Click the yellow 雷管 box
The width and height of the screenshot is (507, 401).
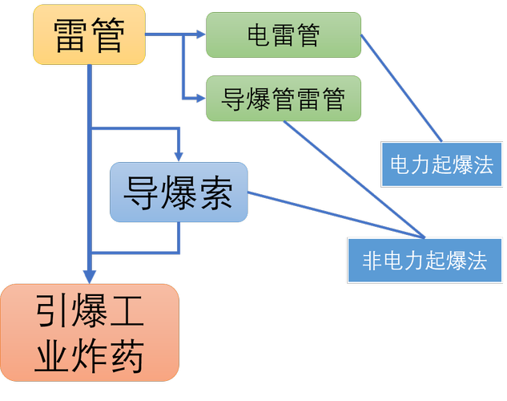point(89,34)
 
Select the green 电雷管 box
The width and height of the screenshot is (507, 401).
point(284,35)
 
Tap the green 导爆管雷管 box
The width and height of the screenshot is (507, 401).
point(284,99)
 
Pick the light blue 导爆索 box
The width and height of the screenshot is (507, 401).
point(179,192)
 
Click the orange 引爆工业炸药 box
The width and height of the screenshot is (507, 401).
point(90,332)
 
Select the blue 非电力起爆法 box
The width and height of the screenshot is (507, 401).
point(425,261)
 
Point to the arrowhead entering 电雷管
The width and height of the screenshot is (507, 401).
point(200,34)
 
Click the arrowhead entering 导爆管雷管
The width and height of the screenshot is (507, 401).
point(200,98)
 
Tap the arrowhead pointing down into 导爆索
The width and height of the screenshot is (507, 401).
point(179,156)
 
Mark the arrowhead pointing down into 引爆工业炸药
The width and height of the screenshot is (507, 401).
point(90,277)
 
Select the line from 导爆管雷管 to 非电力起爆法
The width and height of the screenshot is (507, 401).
point(352,179)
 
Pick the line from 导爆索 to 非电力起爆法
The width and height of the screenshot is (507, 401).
point(336,216)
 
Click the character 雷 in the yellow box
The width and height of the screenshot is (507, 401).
point(71,35)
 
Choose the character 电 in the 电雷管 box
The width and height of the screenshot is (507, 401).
point(260,35)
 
